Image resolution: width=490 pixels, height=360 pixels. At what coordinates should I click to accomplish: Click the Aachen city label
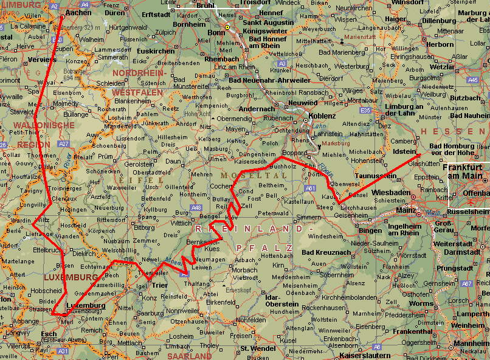click(x=78, y=12)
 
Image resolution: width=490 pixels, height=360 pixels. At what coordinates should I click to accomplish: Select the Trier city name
click(x=159, y=285)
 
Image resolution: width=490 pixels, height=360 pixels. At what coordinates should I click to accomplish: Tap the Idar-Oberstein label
click(x=282, y=300)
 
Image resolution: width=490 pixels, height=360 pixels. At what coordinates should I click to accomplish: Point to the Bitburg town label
click(x=143, y=227)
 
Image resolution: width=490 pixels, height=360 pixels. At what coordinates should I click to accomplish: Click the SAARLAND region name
click(x=189, y=356)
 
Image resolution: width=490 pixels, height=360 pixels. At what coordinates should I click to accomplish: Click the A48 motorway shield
click(x=196, y=207)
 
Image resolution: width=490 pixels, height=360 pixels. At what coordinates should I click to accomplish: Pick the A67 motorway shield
click(x=466, y=283)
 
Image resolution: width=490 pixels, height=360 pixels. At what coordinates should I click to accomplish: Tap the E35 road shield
click(x=365, y=110)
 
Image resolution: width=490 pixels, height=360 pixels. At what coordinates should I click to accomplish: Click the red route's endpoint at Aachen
click(x=62, y=16)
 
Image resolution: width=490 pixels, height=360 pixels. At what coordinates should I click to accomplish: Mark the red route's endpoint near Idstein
click(x=419, y=154)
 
